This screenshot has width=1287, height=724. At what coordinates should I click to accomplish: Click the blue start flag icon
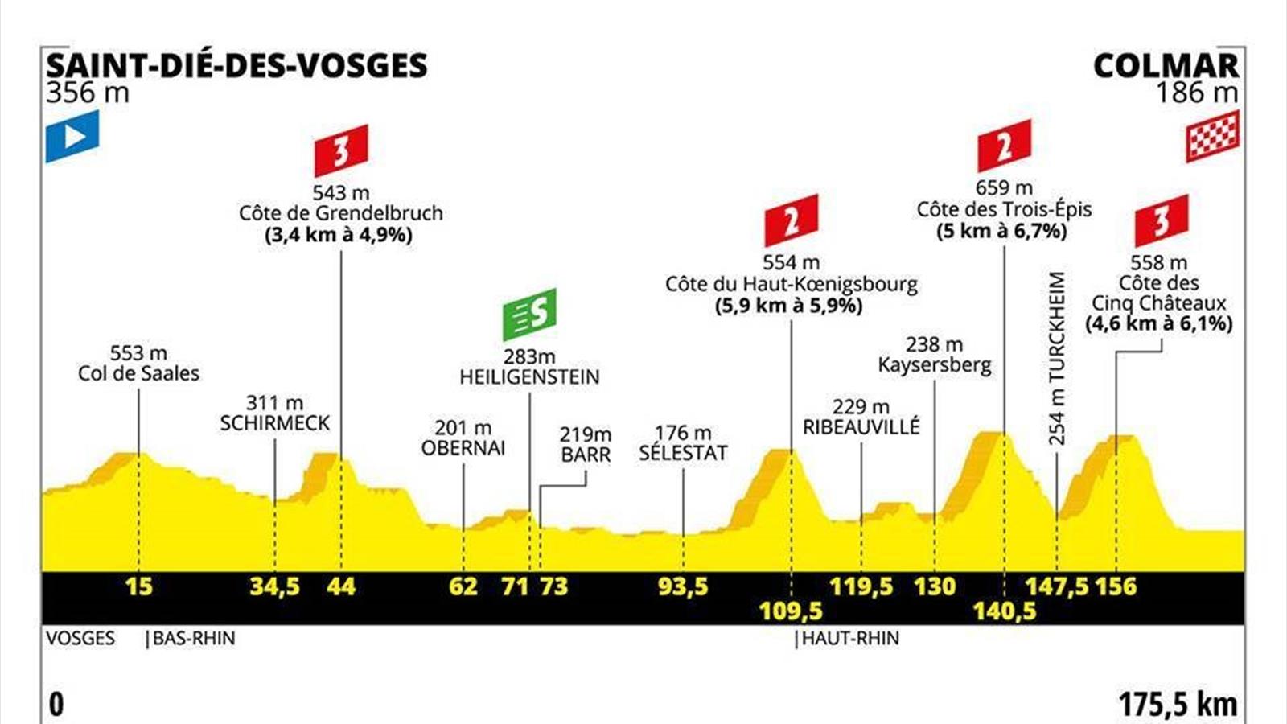coord(72,136)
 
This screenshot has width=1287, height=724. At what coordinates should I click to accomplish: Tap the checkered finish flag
coord(1212,136)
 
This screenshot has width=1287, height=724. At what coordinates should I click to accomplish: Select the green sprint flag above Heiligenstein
coord(529,314)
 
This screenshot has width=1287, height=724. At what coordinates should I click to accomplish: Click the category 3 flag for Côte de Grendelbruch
coord(341,150)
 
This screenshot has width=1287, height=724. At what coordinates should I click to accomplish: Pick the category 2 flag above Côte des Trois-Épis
coord(1004,146)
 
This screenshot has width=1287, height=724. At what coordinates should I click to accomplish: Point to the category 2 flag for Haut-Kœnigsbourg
coord(791,220)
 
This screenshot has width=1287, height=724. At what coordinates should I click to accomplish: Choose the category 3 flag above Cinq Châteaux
coord(1161,220)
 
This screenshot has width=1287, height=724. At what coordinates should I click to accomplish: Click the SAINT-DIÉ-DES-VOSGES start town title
coord(236,66)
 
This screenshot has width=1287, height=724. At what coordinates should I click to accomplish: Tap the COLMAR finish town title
coord(1166,66)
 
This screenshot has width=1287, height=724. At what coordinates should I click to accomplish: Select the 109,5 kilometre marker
coord(791,611)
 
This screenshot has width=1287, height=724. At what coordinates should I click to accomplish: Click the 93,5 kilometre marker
coord(683,586)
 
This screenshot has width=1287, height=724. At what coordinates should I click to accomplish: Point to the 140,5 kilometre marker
coord(1004,611)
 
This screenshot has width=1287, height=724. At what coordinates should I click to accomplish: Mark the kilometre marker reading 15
coord(138,586)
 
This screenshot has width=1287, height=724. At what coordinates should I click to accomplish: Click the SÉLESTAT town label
coord(683,453)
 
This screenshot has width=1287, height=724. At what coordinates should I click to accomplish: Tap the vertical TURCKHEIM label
coord(1056,358)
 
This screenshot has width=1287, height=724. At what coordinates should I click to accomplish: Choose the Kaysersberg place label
coord(934,365)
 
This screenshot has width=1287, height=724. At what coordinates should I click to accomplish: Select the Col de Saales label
coord(138,373)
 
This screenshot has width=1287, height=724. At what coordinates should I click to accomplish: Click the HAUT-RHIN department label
coord(850,639)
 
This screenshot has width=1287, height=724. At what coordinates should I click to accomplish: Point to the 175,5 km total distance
coord(1178,705)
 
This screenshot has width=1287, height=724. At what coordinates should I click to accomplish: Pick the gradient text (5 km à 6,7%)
coord(1002,232)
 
